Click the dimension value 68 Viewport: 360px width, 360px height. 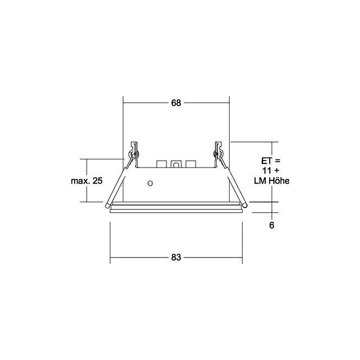[176, 103]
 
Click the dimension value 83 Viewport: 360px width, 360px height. [176, 257]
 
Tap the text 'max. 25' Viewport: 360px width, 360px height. [86, 181]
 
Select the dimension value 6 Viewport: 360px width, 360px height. [271, 225]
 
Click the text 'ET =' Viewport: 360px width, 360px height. [271, 161]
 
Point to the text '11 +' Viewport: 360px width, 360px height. [271, 171]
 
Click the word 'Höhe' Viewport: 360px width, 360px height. [279, 181]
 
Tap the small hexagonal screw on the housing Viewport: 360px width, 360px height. [150, 183]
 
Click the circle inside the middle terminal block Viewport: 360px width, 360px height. [176, 165]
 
